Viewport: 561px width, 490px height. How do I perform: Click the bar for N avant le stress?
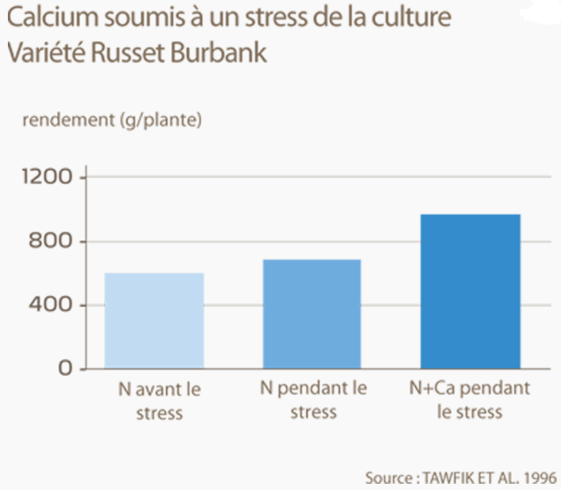coord(153,320)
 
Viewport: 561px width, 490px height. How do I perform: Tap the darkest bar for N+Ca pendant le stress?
coord(469,291)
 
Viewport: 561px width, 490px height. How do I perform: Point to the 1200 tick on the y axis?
coord(47,177)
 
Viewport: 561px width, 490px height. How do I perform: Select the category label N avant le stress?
coord(153,399)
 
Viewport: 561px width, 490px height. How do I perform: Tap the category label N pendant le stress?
coord(313,399)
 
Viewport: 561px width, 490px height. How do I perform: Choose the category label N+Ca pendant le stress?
coord(469,399)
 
